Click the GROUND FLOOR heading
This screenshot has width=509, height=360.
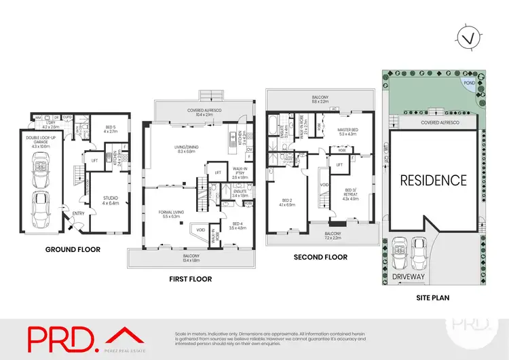tap(72, 249)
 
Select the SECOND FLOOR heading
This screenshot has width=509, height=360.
tap(320, 257)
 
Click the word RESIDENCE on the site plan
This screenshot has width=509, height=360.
tap(432, 180)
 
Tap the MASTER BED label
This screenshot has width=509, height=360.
tap(347, 132)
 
